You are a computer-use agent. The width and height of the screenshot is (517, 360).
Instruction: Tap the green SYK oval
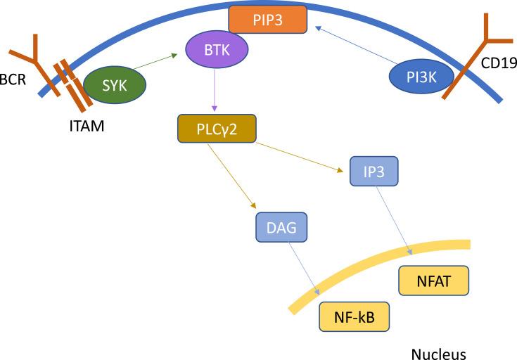pos(115,85)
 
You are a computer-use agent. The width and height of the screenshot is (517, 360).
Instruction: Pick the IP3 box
pos(374,172)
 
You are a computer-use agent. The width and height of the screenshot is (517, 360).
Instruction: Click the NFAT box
pos(433,281)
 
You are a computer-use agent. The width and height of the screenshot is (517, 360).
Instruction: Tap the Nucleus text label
pos(438,353)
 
